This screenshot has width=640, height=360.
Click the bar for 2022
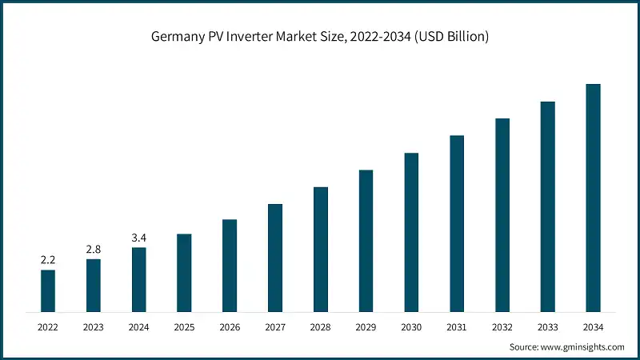click(48, 290)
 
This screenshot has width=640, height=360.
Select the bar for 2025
click(184, 273)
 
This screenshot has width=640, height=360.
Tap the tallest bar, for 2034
click(593, 198)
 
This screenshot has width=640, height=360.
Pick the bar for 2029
click(366, 241)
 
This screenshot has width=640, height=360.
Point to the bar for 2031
click(457, 223)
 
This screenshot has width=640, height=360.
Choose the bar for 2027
click(275, 258)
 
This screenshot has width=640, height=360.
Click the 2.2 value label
click(48, 260)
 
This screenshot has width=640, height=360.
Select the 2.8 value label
click(94, 250)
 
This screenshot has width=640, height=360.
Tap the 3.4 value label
click(139, 238)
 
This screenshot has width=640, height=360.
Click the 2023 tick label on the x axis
click(94, 327)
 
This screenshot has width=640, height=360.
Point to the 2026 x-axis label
click(230, 327)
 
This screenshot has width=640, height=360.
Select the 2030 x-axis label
click(411, 327)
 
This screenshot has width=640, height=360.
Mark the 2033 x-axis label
click(547, 327)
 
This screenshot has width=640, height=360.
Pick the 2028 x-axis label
click(321, 327)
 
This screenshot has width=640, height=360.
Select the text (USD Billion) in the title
click(452, 38)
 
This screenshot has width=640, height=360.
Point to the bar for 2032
click(502, 214)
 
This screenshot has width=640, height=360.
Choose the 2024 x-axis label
click(139, 327)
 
